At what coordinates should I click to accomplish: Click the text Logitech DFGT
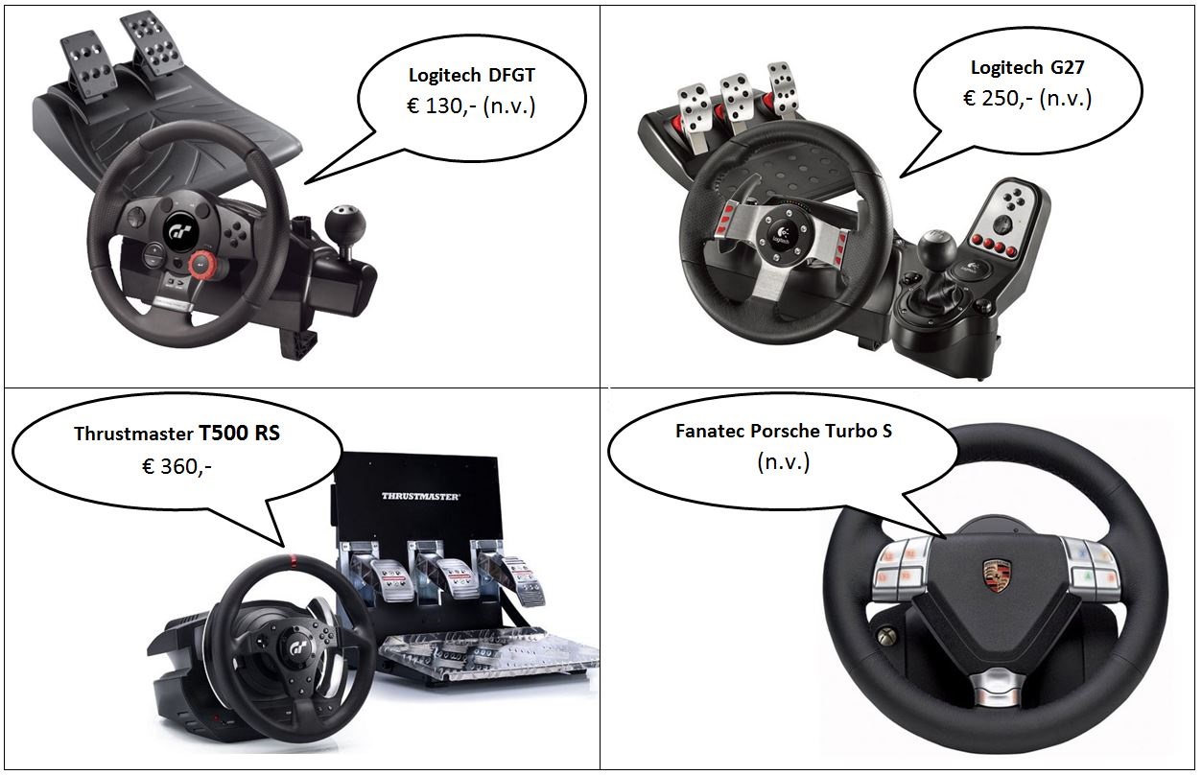[472, 75]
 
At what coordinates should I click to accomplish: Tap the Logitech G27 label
[1027, 68]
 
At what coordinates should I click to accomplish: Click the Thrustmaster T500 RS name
[177, 433]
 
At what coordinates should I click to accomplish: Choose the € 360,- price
[177, 466]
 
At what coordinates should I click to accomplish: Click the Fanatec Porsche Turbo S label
[784, 431]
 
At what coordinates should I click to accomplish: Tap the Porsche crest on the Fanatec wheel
[997, 575]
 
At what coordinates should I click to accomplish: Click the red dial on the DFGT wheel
[201, 263]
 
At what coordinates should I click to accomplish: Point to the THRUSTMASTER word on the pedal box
[420, 496]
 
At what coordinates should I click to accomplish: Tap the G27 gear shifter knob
[937, 247]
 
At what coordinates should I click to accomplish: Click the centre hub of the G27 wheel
[784, 234]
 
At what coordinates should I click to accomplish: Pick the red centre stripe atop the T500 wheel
[292, 558]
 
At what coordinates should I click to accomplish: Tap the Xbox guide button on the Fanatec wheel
[884, 637]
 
